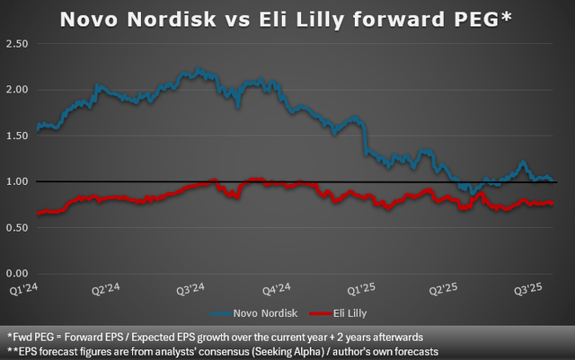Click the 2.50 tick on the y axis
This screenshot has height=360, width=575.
tap(17, 44)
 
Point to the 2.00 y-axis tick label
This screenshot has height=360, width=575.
tap(17, 90)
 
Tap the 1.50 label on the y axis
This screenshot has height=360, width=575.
tap(17, 136)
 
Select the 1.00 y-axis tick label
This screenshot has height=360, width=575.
tap(17, 181)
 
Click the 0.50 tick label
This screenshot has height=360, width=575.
tap(17, 227)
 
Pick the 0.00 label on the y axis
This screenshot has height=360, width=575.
tap(17, 273)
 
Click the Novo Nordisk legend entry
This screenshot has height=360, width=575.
tap(255, 313)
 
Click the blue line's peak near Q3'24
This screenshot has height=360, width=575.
tap(199, 69)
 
